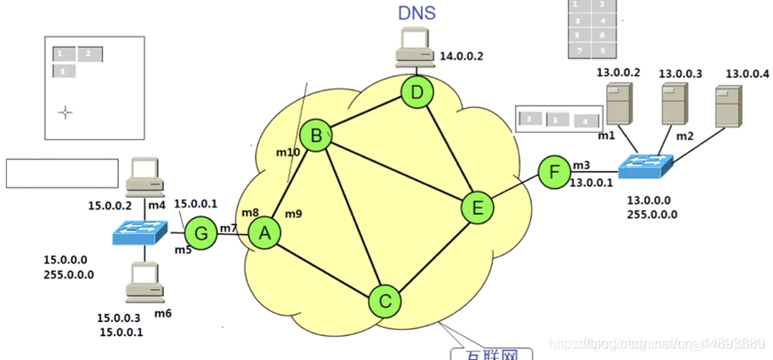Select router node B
tap(315, 137)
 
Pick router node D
tap(416, 91)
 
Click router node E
tap(477, 208)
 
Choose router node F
tap(555, 171)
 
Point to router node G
tap(201, 234)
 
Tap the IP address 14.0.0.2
tap(463, 56)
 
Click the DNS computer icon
tap(414, 46)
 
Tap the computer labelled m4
tap(142, 176)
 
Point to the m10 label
tap(287, 153)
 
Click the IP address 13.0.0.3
tap(680, 73)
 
